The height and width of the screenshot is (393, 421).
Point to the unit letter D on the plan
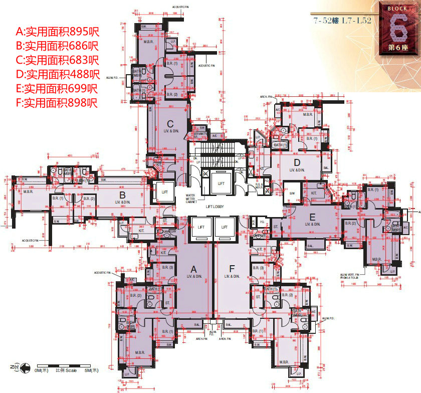click(x=297, y=162)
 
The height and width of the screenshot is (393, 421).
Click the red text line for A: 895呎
click(x=58, y=32)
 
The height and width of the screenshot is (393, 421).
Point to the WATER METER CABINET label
click(x=190, y=198)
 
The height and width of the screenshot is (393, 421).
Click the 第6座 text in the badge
click(x=399, y=48)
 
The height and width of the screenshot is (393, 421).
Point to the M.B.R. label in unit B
click(x=29, y=191)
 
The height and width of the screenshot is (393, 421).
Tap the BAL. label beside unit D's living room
click(x=326, y=168)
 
